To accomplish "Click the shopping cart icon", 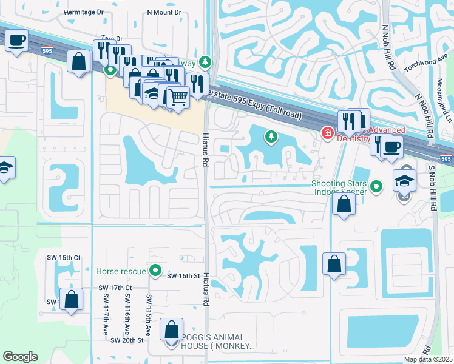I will (x=178, y=96).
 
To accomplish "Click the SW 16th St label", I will (x=183, y=276).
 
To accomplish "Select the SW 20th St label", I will (x=127, y=340).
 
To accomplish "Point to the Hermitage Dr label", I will (x=83, y=12).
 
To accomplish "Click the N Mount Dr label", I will (x=164, y=12).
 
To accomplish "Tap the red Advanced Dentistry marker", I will (x=327, y=133).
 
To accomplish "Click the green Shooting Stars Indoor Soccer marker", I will (x=376, y=187).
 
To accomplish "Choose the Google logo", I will (x=20, y=356).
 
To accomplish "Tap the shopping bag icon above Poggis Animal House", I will (x=172, y=329).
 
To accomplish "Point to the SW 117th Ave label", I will (x=105, y=314).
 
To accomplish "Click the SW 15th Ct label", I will (x=64, y=258).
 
